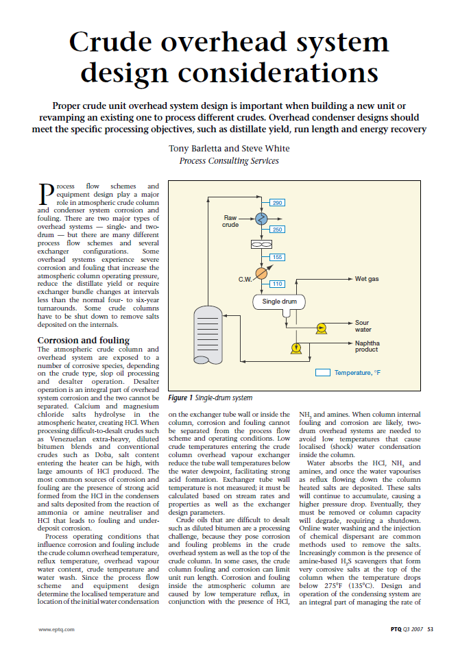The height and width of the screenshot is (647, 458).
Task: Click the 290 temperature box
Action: tap(277, 203)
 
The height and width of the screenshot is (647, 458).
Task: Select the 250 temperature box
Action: tap(277, 229)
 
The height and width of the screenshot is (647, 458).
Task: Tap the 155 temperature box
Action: tap(277, 257)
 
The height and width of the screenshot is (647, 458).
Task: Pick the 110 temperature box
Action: tap(277, 284)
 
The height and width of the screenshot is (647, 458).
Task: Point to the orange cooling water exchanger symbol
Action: tap(261, 273)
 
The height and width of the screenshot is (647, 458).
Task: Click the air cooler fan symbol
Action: tap(261, 244)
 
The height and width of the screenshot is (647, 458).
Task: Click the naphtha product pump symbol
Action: tap(296, 348)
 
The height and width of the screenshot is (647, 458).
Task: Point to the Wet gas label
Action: tap(367, 279)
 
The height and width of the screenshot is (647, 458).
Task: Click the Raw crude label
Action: tap(230, 220)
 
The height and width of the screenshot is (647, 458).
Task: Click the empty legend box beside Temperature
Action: tap(322, 373)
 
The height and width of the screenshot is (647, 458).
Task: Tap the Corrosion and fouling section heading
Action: tap(83, 341)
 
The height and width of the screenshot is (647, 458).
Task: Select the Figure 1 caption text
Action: tap(210, 398)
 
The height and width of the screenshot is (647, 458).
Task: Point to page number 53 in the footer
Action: tap(430, 628)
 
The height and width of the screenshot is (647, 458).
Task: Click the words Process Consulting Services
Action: tap(229, 161)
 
